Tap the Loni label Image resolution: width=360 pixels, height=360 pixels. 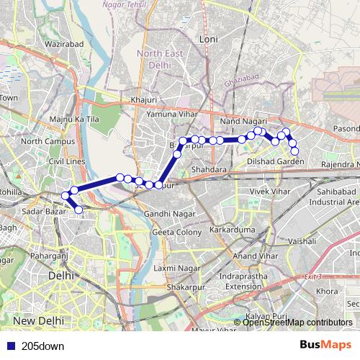[208, 38]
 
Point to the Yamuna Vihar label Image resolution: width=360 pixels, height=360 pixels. [169, 114]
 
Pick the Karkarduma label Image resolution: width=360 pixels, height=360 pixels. [232, 230]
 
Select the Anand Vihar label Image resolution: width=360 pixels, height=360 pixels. [255, 256]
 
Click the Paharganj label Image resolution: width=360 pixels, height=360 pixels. [49, 255]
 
